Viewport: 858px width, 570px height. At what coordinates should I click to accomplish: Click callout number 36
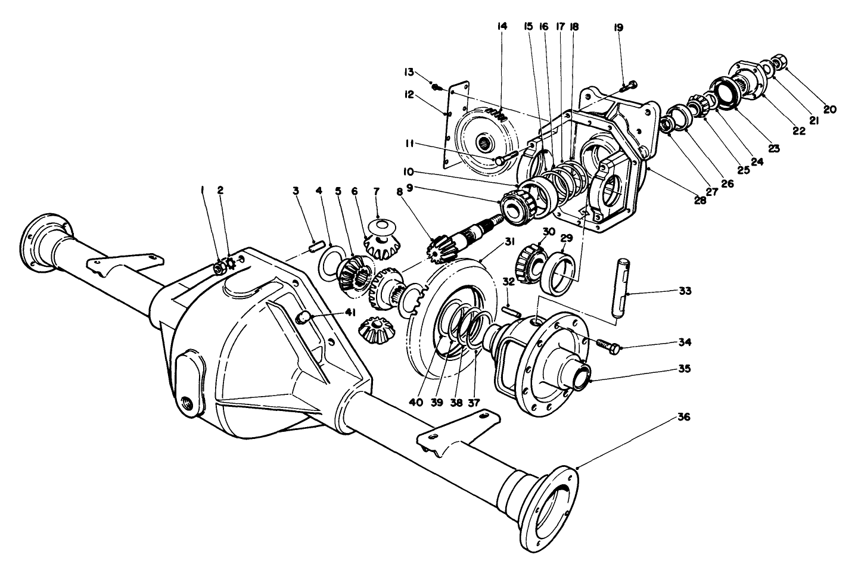[683, 418]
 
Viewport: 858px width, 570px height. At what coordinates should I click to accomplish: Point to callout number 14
[501, 27]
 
